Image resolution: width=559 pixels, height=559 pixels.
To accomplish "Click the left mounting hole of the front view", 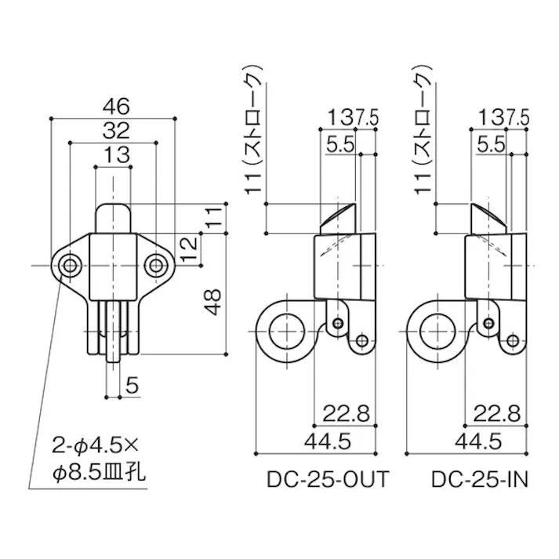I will [71, 265].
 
